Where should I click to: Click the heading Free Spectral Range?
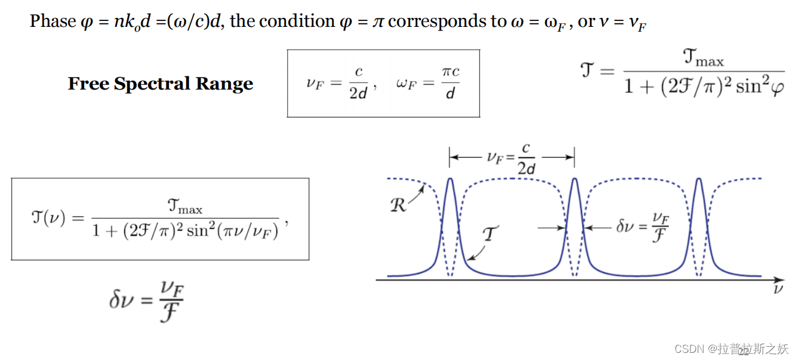tap(161, 84)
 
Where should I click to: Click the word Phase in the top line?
tap(53, 21)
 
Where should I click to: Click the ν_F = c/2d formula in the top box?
tap(341, 84)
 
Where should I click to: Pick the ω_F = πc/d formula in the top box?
tap(428, 84)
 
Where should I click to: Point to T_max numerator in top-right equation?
tap(703, 59)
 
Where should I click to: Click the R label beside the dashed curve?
tap(398, 205)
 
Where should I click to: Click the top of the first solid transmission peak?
tap(450, 179)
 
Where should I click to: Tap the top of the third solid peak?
tap(700, 179)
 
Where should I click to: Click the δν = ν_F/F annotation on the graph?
tap(643, 227)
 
